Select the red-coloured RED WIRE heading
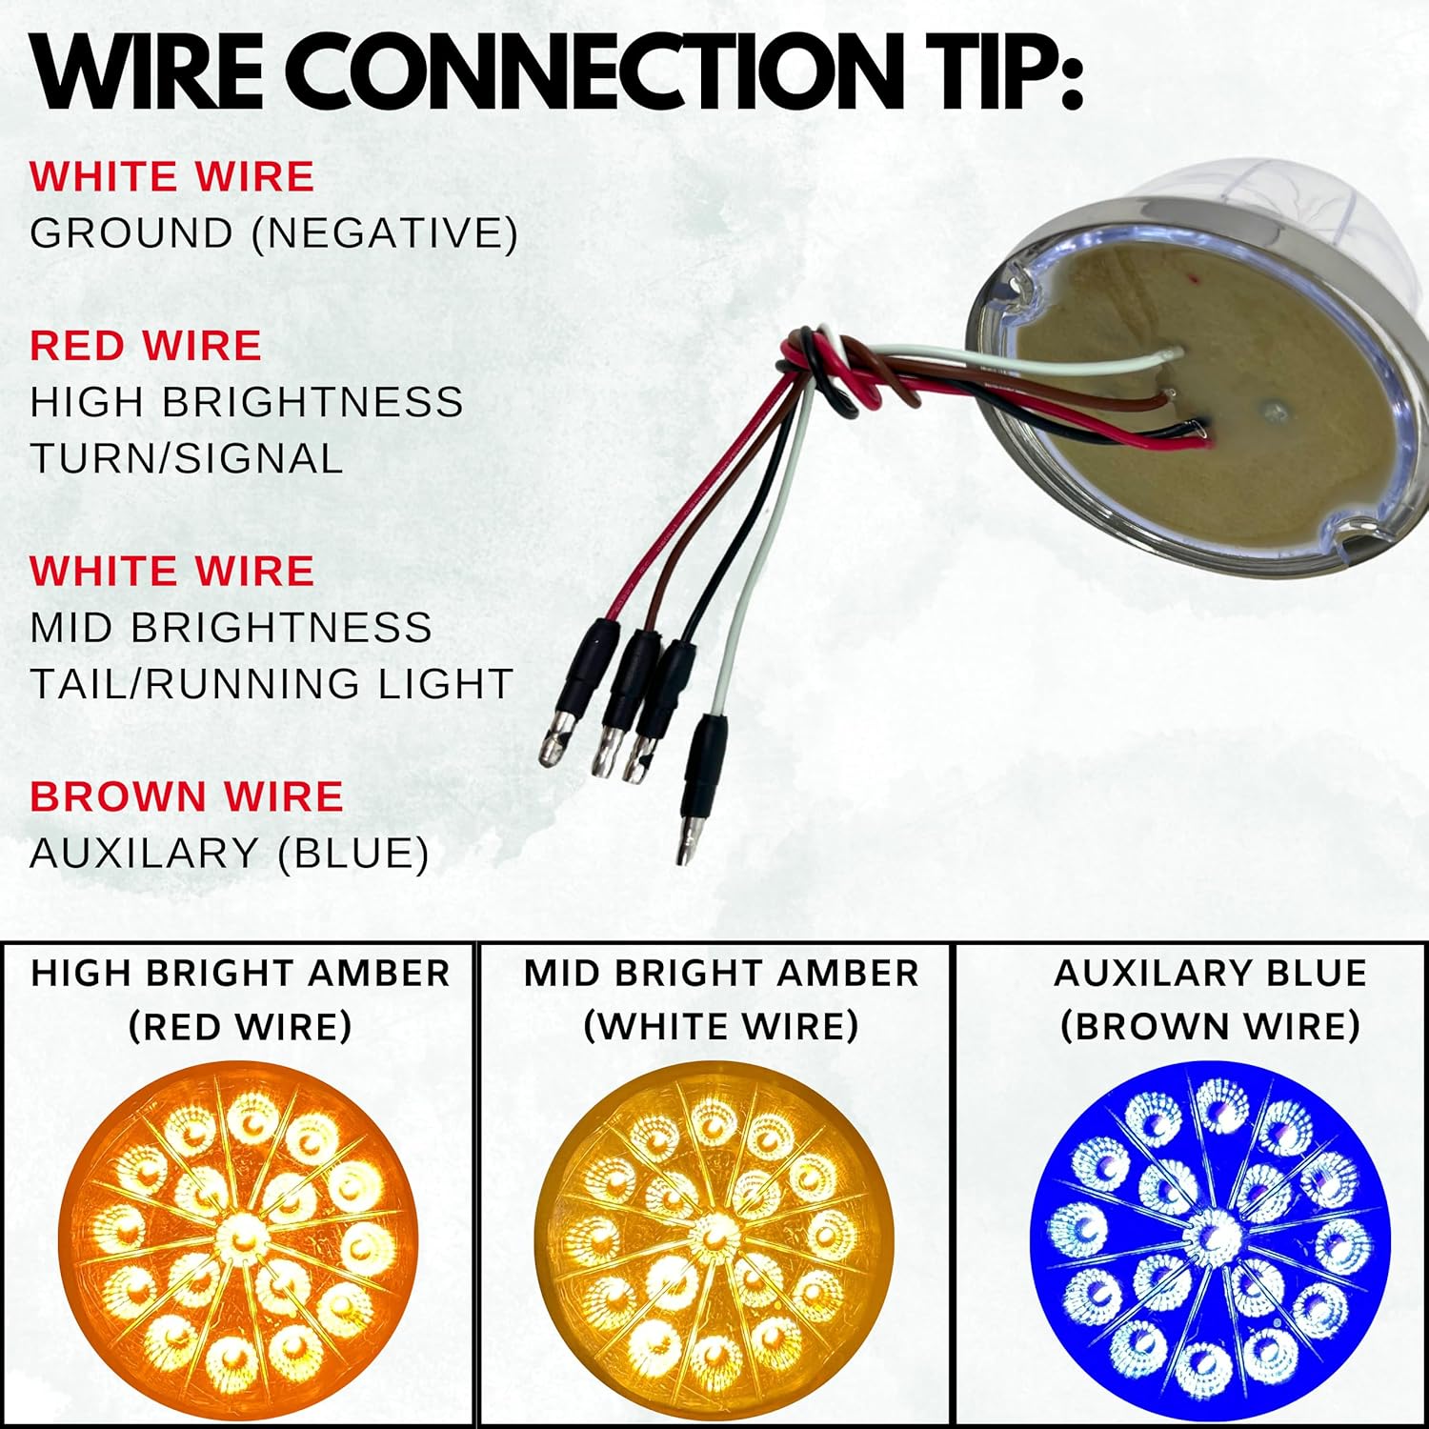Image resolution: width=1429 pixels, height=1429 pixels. point(145,346)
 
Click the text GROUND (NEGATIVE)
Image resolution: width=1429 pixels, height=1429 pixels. point(273,233)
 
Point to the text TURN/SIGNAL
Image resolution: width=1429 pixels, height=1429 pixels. point(186,458)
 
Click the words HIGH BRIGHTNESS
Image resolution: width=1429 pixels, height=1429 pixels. point(247,402)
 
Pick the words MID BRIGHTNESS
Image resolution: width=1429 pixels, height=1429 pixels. point(231,628)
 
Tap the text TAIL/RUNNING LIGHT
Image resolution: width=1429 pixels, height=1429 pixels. point(272,684)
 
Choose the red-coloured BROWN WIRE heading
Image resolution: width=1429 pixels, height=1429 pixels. point(186,796)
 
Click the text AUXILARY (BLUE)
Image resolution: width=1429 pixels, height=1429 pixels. point(229,853)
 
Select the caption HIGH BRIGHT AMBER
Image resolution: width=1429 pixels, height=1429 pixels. point(240,974)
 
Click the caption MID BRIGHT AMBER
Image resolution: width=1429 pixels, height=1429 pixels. point(721,974)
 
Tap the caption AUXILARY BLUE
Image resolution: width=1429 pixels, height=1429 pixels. point(1210,974)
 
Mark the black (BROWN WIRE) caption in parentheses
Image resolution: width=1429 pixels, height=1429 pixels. point(1210,1026)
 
